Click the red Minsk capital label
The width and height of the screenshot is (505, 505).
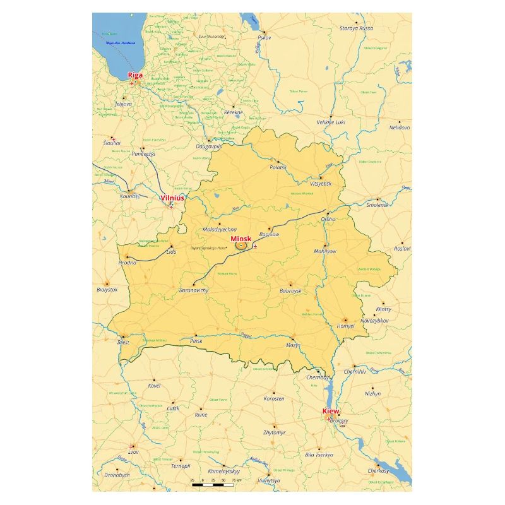pyautogui.click(x=241, y=239)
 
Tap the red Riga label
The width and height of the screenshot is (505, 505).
pyautogui.click(x=135, y=75)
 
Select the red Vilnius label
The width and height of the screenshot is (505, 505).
pyautogui.click(x=172, y=198)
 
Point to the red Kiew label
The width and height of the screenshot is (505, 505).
pyautogui.click(x=331, y=411)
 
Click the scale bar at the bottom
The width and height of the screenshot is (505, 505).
pyautogui.click(x=214, y=485)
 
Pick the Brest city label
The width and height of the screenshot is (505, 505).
pyautogui.click(x=123, y=343)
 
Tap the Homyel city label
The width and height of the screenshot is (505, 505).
pyautogui.click(x=345, y=326)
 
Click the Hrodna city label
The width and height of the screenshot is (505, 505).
pyautogui.click(x=127, y=263)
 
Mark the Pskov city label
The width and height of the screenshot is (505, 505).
pyautogui.click(x=264, y=38)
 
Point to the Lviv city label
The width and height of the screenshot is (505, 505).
pyautogui.click(x=133, y=452)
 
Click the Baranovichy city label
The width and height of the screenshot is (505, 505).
pyautogui.click(x=194, y=290)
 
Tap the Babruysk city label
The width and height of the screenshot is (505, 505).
pyautogui.click(x=290, y=291)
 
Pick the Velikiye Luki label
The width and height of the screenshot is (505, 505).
pyautogui.click(x=331, y=122)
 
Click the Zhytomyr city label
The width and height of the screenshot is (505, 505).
pyautogui.click(x=274, y=432)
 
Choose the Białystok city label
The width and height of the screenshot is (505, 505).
pyautogui.click(x=107, y=289)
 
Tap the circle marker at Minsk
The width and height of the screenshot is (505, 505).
pyautogui.click(x=241, y=246)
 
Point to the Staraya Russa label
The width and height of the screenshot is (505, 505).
pyautogui.click(x=357, y=28)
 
